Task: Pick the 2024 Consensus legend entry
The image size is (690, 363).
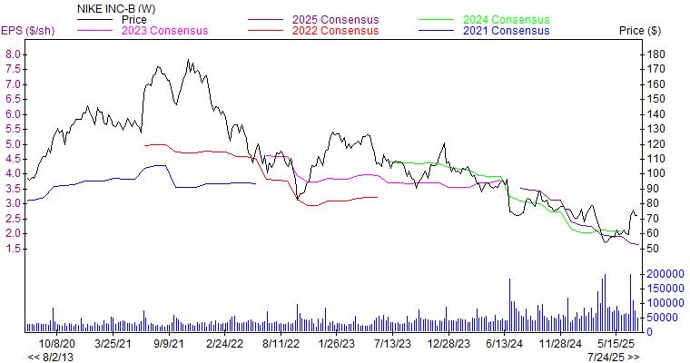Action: (x=506, y=19)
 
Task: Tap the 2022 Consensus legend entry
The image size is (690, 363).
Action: (x=333, y=31)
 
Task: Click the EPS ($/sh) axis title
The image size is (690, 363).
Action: (x=29, y=31)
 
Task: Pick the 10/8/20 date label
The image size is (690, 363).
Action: (x=56, y=343)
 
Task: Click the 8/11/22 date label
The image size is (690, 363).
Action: (x=282, y=343)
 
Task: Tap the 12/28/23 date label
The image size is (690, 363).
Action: (x=448, y=343)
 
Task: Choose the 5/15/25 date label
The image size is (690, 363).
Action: (x=616, y=343)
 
